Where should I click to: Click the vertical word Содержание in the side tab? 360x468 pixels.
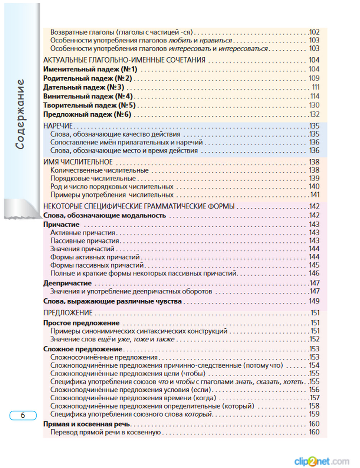click(x=20, y=114)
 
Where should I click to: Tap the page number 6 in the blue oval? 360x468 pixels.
click(x=23, y=415)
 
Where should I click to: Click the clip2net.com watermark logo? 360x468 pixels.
click(x=321, y=461)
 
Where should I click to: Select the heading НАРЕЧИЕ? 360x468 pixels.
click(x=58, y=126)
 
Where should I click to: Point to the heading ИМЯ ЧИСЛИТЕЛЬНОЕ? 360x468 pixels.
click(x=78, y=162)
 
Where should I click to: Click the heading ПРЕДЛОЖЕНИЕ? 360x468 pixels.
click(x=68, y=313)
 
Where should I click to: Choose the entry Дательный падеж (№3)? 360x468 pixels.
click(x=84, y=87)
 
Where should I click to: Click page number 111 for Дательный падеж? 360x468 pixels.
click(x=315, y=87)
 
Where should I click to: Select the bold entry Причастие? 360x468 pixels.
click(x=61, y=224)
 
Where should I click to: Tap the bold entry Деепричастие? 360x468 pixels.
click(x=67, y=283)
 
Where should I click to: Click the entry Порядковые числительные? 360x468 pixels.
click(x=93, y=179)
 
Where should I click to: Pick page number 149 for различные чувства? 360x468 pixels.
click(x=314, y=301)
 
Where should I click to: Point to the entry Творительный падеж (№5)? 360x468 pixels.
click(x=89, y=105)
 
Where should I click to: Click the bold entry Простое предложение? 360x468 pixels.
click(x=81, y=323)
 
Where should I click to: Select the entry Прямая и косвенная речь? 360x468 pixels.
click(x=86, y=424)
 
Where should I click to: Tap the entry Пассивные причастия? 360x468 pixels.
click(x=85, y=241)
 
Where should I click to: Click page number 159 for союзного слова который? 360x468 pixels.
click(x=314, y=414)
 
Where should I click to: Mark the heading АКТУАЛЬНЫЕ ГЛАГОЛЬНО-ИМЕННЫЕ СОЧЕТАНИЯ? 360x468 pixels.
click(x=124, y=60)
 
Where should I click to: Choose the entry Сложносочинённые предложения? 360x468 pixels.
click(x=104, y=357)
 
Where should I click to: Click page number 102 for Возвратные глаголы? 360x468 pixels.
click(x=314, y=32)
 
